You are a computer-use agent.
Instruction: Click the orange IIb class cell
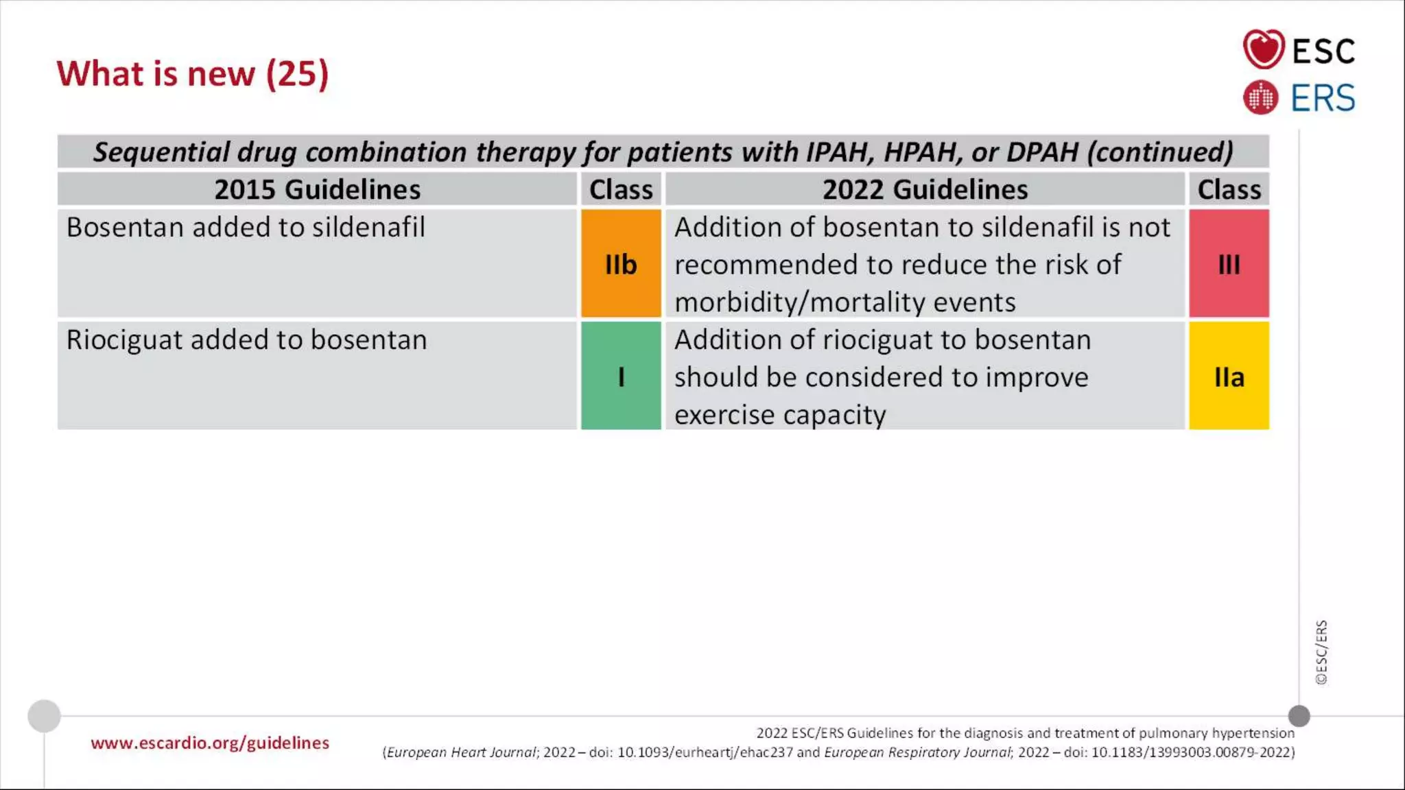(621, 263)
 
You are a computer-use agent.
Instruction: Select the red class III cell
(1229, 263)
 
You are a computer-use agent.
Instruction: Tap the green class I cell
(621, 376)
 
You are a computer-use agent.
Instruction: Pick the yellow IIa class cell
(1229, 376)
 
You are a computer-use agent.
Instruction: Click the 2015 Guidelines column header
(317, 189)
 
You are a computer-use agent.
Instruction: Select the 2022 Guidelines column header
(925, 189)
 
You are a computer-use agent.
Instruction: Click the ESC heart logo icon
(1263, 49)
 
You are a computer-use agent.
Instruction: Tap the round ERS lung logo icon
(1260, 97)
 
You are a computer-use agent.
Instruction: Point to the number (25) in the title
(297, 73)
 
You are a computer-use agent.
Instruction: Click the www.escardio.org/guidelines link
(210, 743)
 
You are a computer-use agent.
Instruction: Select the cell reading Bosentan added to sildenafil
(246, 228)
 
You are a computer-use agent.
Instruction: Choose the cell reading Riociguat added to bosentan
(246, 340)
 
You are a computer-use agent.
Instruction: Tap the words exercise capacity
(779, 415)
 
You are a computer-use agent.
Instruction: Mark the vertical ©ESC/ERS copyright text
(1321, 652)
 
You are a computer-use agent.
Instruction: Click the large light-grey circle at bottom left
(44, 716)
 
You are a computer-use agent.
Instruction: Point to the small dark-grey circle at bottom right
(1299, 716)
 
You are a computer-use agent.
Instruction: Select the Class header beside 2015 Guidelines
(621, 189)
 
